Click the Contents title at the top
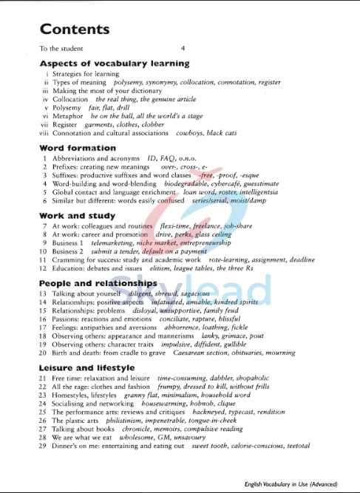pyautogui.click(x=75, y=30)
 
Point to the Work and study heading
pyautogui.click(x=77, y=216)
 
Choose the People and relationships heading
pyautogui.click(x=98, y=283)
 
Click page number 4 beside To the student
pyautogui.click(x=183, y=48)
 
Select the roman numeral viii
pyautogui.click(x=44, y=133)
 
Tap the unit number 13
pyautogui.click(x=43, y=293)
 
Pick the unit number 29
pyautogui.click(x=43, y=446)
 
